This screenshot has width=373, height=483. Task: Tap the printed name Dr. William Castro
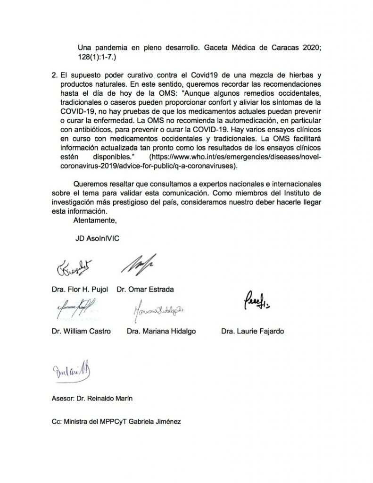click(x=82, y=331)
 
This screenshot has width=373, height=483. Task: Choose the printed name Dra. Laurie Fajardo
click(x=252, y=331)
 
